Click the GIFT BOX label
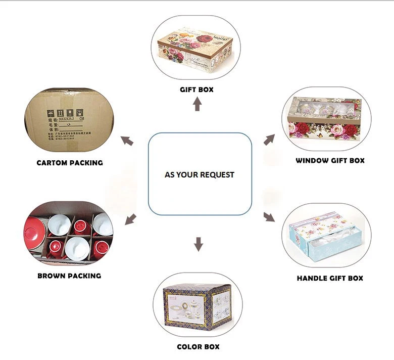tap(197, 89)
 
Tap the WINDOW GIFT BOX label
tap(330, 160)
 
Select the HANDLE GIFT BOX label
tap(330, 278)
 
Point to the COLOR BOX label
tap(198, 347)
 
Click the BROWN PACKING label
tap(69, 276)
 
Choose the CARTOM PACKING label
tap(70, 163)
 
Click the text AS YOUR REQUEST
tap(200, 174)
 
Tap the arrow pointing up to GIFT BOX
tap(198, 105)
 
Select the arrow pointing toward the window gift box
tap(269, 140)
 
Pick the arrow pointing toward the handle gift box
tap(269, 217)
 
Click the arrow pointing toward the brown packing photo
tap(130, 219)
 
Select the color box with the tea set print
tap(197, 306)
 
